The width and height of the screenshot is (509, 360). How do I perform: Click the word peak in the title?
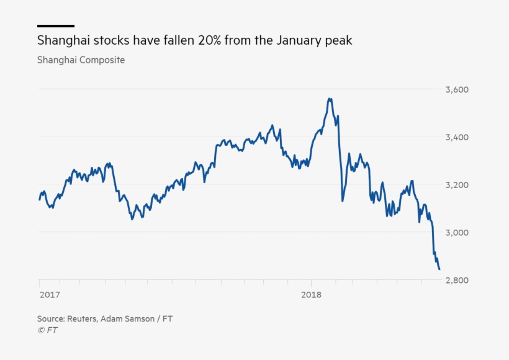point(339,41)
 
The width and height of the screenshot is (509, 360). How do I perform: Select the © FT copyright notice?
point(47,330)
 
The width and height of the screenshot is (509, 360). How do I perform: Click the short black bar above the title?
point(55,26)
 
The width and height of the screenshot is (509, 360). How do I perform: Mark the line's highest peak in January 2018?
point(330,98)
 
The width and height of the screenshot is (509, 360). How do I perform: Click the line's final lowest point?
point(439,269)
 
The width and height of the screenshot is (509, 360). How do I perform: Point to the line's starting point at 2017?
point(39,200)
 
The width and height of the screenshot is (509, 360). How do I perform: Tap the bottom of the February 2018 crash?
point(342,200)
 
